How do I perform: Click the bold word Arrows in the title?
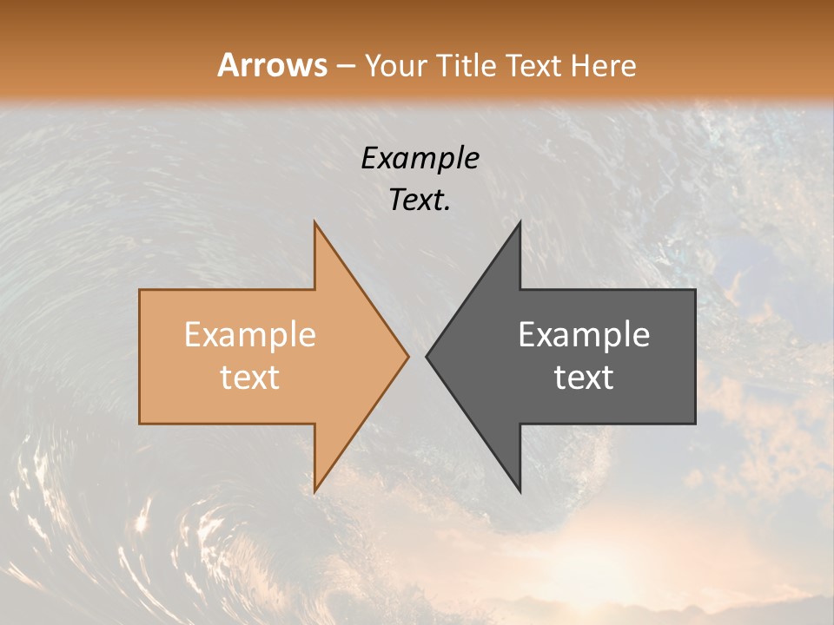pyautogui.click(x=272, y=65)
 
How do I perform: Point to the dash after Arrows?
pyautogui.click(x=345, y=66)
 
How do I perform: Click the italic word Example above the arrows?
pyautogui.click(x=420, y=159)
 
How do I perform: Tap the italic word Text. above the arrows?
pyautogui.click(x=420, y=201)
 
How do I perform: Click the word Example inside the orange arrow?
pyautogui.click(x=249, y=334)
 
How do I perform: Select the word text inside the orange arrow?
pyautogui.click(x=249, y=377)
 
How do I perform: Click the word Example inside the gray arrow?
pyautogui.click(x=584, y=334)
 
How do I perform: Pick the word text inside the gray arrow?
pyautogui.click(x=584, y=377)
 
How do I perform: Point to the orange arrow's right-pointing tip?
pyautogui.click(x=407, y=356)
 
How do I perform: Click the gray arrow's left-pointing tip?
pyautogui.click(x=427, y=356)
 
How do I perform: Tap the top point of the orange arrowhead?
pyautogui.click(x=315, y=222)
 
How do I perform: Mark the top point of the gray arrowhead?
pyautogui.click(x=520, y=222)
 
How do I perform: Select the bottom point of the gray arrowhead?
pyautogui.click(x=520, y=490)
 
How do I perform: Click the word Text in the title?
pyautogui.click(x=533, y=65)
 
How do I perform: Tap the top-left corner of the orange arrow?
pyautogui.click(x=140, y=290)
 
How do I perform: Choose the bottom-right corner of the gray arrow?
pyautogui.click(x=695, y=424)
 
